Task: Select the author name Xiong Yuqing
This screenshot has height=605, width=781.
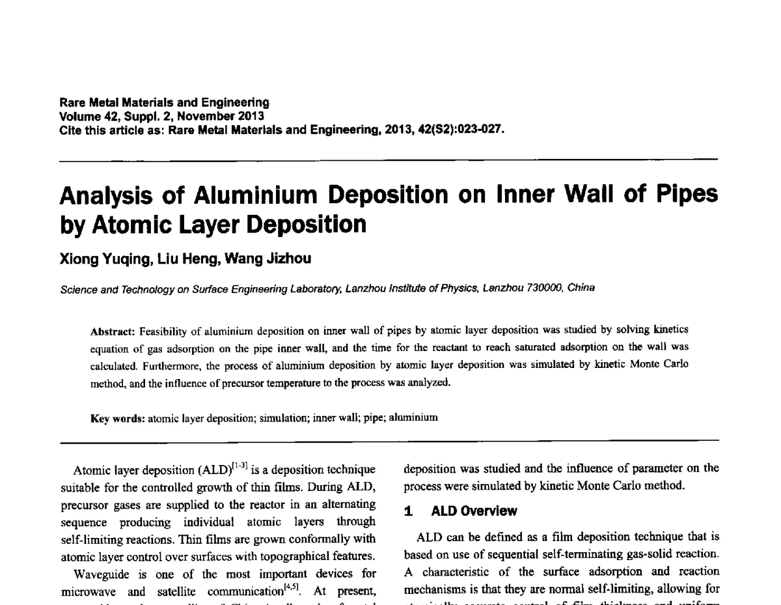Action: pos(103,259)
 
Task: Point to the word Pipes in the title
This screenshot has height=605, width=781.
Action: pos(683,195)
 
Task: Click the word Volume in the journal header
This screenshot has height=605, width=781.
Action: pos(76,117)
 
